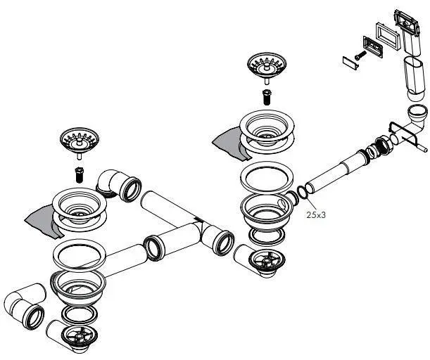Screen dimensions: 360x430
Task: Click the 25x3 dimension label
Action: click(x=315, y=214)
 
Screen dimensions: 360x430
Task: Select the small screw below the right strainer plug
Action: click(x=267, y=97)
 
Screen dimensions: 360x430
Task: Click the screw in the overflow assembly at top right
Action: click(x=360, y=51)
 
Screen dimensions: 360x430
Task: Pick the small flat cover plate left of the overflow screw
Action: click(x=348, y=61)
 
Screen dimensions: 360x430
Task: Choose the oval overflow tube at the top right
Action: click(x=412, y=77)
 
